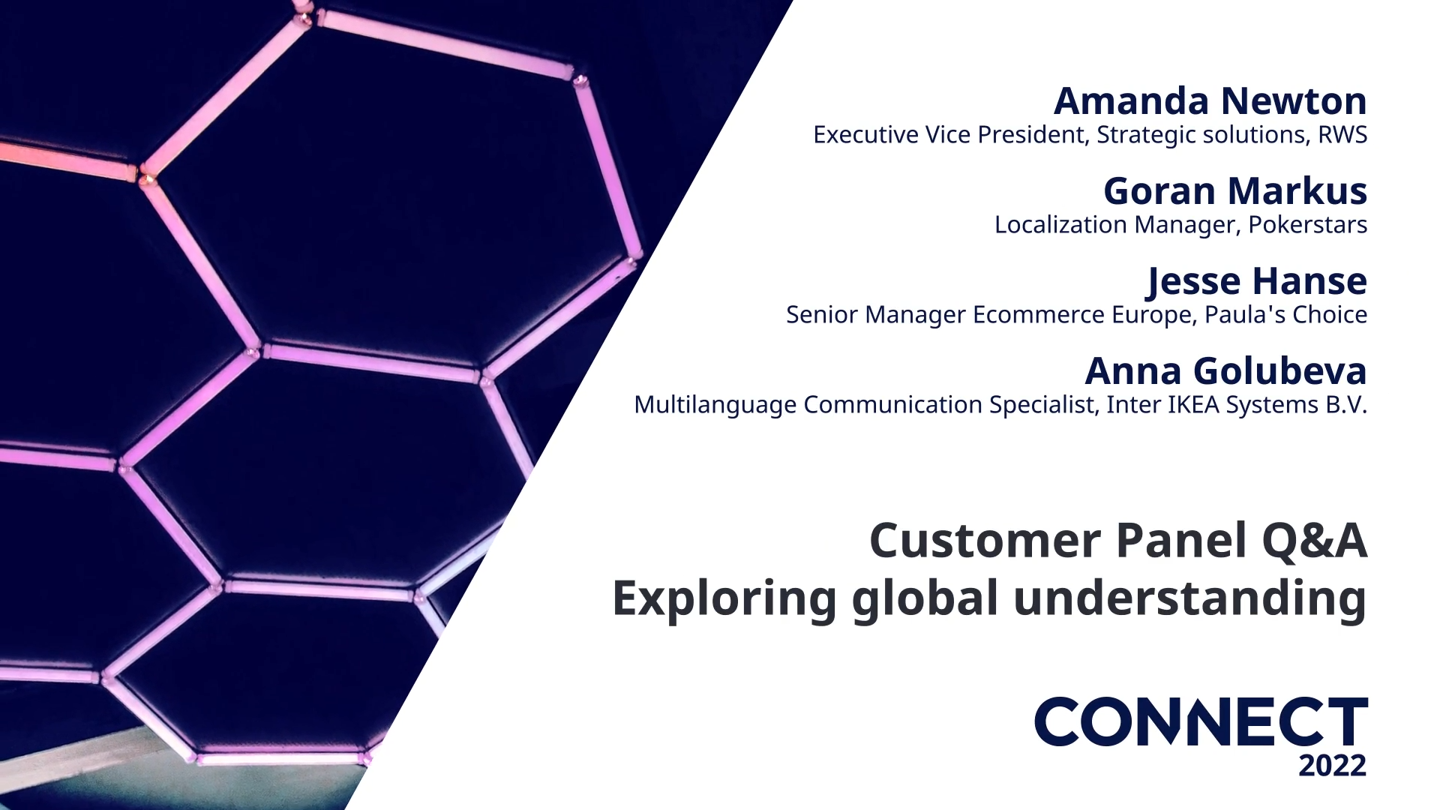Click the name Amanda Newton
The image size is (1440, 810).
pyautogui.click(x=1210, y=100)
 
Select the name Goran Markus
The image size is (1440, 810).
pyautogui.click(x=1234, y=190)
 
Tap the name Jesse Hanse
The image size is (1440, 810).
pyautogui.click(x=1257, y=280)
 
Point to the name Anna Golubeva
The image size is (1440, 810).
pyautogui.click(x=1225, y=370)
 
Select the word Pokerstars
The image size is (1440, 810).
pyautogui.click(x=1307, y=225)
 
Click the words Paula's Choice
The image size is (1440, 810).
pyautogui.click(x=1285, y=315)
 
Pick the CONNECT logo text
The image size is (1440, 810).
pyautogui.click(x=1200, y=721)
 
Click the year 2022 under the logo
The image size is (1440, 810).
pyautogui.click(x=1333, y=766)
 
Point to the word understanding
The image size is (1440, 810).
pyautogui.click(x=1189, y=598)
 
